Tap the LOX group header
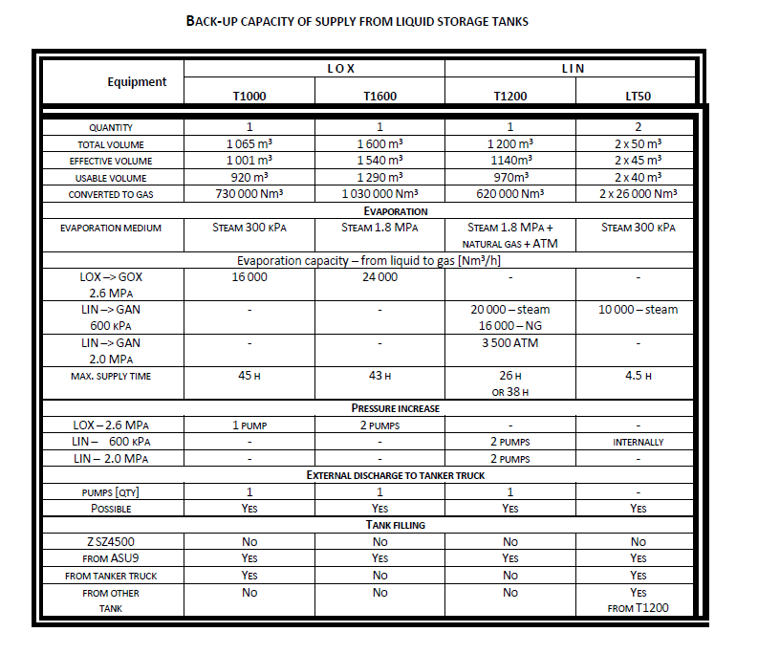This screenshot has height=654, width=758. tap(314, 68)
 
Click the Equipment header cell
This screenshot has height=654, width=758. tap(137, 82)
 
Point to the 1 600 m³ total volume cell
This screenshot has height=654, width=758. tap(379, 143)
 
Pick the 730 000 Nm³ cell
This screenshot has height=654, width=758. tap(249, 194)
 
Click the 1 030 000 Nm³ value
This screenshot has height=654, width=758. tap(379, 194)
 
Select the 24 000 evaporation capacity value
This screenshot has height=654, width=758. tap(379, 277)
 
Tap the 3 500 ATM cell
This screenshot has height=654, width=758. tap(509, 341)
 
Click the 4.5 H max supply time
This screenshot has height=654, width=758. tap(639, 376)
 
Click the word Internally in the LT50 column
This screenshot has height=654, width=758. tap(639, 443)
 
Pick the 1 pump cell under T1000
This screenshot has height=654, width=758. tap(249, 425)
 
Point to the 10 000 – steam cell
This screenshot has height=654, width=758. tap(639, 309)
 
